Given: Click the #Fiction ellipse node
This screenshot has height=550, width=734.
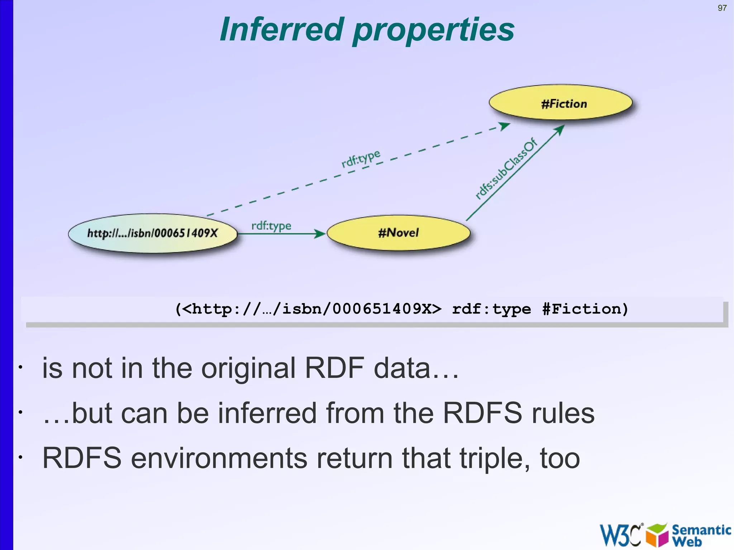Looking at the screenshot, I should click(561, 103).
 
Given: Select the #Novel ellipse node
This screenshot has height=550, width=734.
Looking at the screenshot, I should click(398, 233).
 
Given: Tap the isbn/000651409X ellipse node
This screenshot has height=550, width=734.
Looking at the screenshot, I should click(153, 233).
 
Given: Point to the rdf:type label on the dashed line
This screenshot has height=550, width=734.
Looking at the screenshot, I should click(361, 158).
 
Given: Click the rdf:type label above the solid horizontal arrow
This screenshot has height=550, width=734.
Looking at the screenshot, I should click(271, 226).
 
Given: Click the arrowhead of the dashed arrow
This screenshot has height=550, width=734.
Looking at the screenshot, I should click(504, 126).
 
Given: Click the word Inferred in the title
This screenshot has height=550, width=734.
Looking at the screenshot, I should click(282, 29).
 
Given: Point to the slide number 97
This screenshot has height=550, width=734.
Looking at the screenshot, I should click(722, 8).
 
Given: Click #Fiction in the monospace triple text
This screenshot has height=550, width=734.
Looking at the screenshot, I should click(585, 309).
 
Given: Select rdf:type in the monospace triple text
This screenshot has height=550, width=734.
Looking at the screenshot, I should click(491, 309).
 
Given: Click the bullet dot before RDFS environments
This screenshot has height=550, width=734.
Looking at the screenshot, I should click(21, 458).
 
